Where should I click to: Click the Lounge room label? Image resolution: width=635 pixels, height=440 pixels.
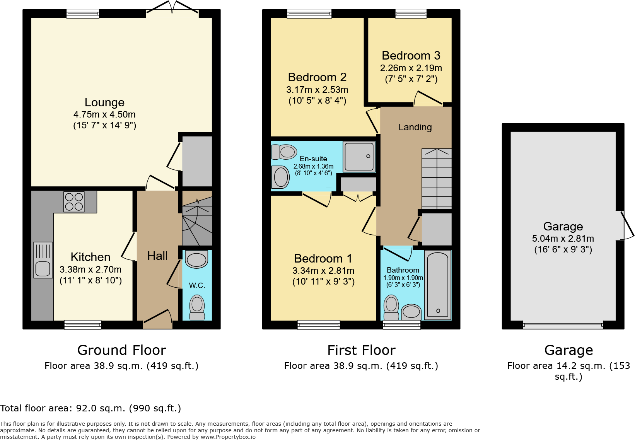tap(104, 102)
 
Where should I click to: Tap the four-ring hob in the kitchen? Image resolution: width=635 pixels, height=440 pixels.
tap(74, 202)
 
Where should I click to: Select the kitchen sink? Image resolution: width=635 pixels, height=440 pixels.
tap(43, 260)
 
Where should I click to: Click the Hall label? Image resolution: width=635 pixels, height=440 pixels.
tap(157, 256)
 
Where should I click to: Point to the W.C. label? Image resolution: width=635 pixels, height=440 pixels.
tap(197, 285)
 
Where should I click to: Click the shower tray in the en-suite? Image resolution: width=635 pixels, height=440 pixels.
tap(359, 157)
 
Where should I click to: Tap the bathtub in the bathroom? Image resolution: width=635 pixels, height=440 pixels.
tap(438, 285)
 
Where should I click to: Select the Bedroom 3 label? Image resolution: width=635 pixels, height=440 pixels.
tap(411, 56)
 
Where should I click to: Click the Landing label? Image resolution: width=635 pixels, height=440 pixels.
tap(415, 127)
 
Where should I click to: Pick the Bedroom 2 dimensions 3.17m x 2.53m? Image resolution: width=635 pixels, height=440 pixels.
tap(317, 90)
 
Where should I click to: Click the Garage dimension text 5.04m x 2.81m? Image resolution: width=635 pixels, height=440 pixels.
tap(563, 239)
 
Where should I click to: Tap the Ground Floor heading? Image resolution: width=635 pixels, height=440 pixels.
tap(121, 350)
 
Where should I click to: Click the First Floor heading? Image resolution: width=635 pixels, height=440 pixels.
tap(361, 350)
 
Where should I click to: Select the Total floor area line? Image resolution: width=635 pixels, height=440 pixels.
tap(90, 408)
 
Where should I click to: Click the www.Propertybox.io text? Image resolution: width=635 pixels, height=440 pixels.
tap(228, 437)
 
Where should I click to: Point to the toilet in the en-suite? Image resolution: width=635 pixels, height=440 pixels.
tap(284, 152)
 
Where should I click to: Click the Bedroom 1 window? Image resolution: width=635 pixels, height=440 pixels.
tap(319, 325)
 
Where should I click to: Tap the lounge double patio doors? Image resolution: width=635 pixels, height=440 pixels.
tap(172, 7)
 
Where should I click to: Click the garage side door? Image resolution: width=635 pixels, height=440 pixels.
tap(625, 226)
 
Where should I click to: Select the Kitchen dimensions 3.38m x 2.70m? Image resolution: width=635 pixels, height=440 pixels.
tap(90, 269)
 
